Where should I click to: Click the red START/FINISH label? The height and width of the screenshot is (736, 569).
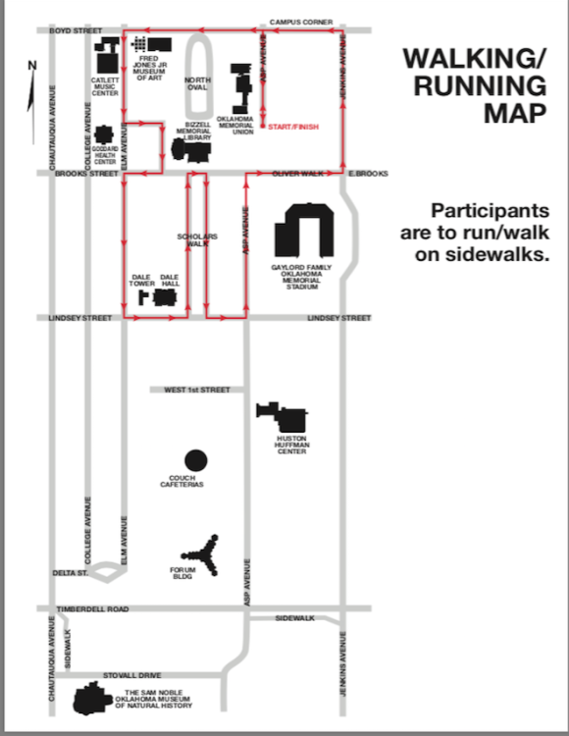tap(293, 127)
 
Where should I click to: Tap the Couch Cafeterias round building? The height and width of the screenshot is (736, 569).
tap(196, 460)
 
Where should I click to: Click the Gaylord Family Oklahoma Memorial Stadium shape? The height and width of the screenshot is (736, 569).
tap(304, 230)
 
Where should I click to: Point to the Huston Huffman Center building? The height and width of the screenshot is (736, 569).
tap(283, 417)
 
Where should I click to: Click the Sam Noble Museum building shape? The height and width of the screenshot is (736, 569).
tap(92, 699)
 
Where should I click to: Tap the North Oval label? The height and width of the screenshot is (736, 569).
tap(197, 83)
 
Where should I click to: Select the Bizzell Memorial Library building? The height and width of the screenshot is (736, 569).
tap(191, 150)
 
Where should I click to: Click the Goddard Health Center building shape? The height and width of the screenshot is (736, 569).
tap(104, 134)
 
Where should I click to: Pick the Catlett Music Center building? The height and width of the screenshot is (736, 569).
tap(107, 55)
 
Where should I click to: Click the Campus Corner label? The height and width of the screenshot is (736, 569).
tap(301, 22)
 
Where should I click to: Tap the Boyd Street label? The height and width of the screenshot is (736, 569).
tap(76, 30)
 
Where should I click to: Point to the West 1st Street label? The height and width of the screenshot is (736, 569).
tap(197, 390)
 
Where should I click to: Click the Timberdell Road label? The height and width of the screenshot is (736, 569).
tap(92, 608)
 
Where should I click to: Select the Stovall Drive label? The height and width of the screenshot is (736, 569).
tap(131, 675)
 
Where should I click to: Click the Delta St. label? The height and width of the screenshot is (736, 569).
tap(71, 573)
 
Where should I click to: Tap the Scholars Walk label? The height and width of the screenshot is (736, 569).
tap(197, 239)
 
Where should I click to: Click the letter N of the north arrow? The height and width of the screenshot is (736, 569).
tap(32, 65)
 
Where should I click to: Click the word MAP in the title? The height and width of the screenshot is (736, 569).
tap(515, 113)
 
